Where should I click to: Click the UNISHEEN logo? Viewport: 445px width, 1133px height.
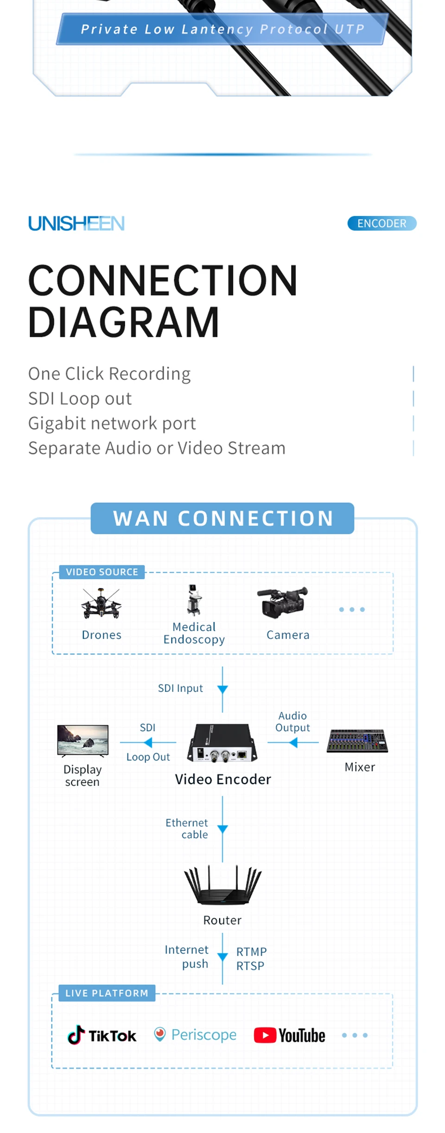(x=76, y=223)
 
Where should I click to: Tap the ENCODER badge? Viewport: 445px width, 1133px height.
(x=381, y=223)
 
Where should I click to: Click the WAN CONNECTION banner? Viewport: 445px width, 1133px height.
(x=222, y=518)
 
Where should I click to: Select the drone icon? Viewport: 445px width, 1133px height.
(x=101, y=603)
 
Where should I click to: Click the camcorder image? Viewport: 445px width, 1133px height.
(x=283, y=602)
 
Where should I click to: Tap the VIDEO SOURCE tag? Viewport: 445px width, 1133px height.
(x=102, y=572)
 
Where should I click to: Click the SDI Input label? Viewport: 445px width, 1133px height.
(x=180, y=688)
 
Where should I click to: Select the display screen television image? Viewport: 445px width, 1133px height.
(x=83, y=740)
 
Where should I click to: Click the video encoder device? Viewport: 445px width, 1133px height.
(x=222, y=743)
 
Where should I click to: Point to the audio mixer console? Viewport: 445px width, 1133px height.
(x=357, y=741)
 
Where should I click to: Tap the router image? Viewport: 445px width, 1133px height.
(x=222, y=885)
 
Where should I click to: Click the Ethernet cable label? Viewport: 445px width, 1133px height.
(x=187, y=829)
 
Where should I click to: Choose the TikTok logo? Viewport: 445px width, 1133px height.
(x=102, y=1035)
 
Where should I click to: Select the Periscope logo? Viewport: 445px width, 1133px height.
(x=195, y=1034)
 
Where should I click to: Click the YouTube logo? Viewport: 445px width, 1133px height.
(x=290, y=1035)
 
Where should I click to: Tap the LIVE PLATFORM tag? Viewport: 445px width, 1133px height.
(x=107, y=993)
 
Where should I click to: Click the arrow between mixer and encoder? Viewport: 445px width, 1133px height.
(x=293, y=743)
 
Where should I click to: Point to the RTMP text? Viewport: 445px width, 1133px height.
(x=251, y=951)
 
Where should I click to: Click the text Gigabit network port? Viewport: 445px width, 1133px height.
(x=112, y=423)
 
